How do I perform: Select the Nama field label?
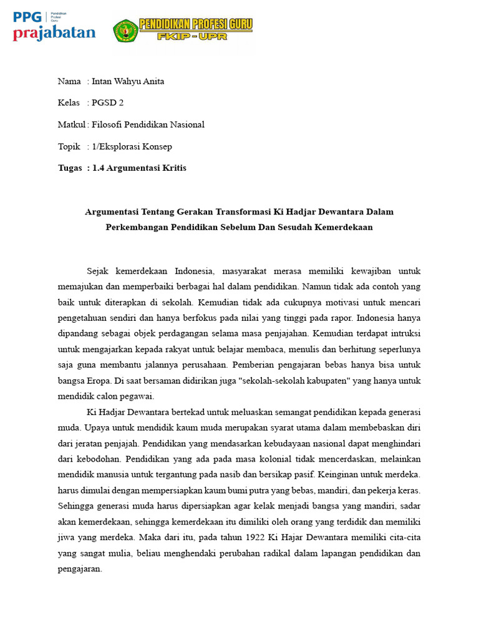tap(69, 81)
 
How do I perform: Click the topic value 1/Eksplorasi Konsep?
tap(132, 146)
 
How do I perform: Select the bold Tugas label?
tap(69, 168)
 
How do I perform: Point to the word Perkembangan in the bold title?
tap(137, 227)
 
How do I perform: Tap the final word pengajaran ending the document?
tap(79, 569)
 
